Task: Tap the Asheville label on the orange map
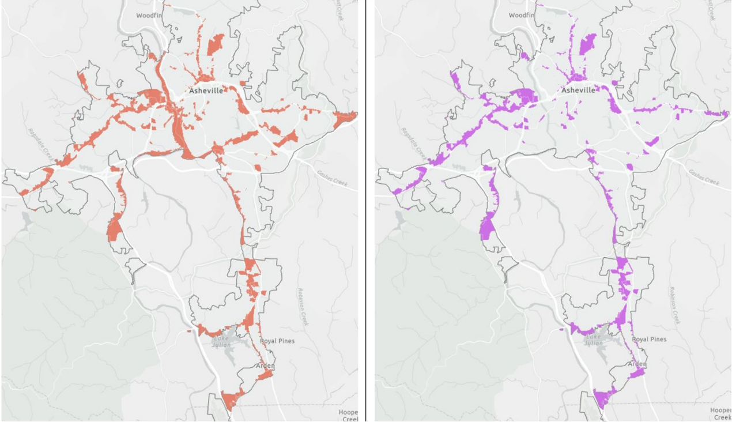pos(206,91)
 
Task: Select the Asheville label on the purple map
pos(578,91)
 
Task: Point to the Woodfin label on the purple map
pos(522,16)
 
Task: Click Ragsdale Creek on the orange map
pos(40,143)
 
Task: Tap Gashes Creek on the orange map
pos(333,178)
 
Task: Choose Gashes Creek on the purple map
pos(704,178)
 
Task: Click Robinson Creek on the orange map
pos(302,306)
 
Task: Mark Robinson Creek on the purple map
pos(674,306)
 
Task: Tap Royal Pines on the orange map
pos(277,341)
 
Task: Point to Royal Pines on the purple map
pos(649,340)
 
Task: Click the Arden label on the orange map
pos(266,366)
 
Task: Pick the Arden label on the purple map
pos(637,364)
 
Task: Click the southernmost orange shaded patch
pos(230,400)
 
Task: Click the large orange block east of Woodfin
pos(215,44)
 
